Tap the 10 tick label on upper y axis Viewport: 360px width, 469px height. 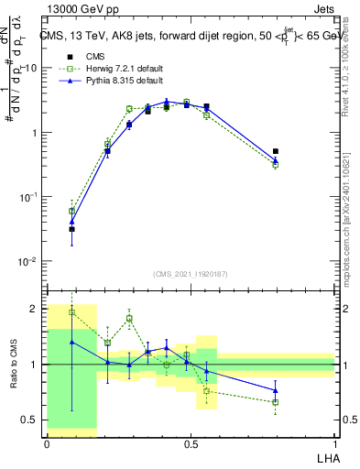point(29,69)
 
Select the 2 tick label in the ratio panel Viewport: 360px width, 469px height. point(35,309)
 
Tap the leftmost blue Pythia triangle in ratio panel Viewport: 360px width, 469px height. point(71,342)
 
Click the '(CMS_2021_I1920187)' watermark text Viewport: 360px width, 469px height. point(190,274)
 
